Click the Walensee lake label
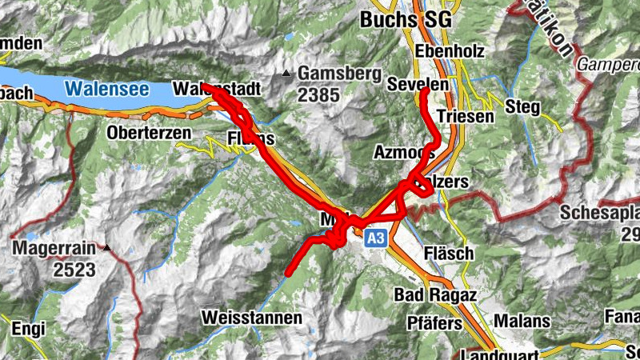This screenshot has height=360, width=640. click(106, 88)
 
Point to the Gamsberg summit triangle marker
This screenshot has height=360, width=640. click(286, 74)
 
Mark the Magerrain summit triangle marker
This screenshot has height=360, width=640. click(106, 249)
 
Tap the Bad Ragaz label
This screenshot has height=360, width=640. click(435, 295)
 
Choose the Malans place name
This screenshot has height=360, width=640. click(522, 321)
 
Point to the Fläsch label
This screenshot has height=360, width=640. click(450, 254)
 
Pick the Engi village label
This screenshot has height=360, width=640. click(29, 327)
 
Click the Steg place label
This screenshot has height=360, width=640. click(522, 106)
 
